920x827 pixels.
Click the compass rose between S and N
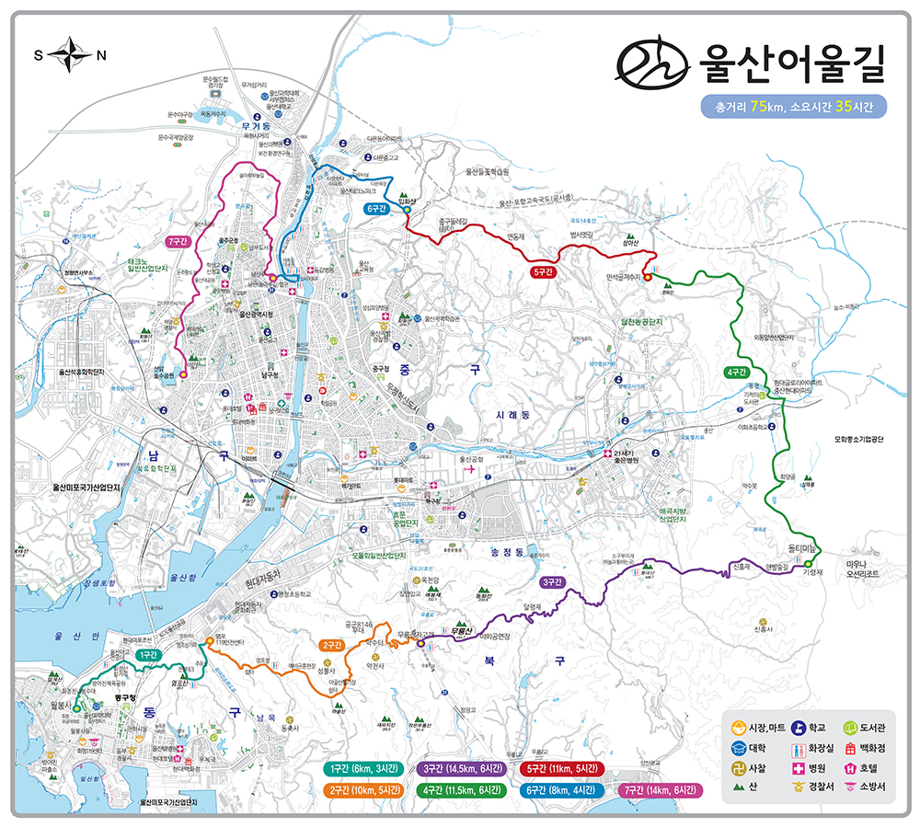[x=67, y=56]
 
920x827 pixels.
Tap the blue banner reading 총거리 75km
[x=793, y=107]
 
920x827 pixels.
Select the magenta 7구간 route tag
[x=178, y=241]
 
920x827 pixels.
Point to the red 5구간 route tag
[x=543, y=272]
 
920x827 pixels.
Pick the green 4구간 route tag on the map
[x=735, y=372]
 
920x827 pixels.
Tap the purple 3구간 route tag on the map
[x=552, y=581]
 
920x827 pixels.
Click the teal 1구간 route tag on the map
[x=146, y=653]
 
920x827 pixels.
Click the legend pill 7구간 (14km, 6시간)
[x=657, y=789]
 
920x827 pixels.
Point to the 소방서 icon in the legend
[x=847, y=786]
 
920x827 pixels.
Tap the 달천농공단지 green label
[x=641, y=323]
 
